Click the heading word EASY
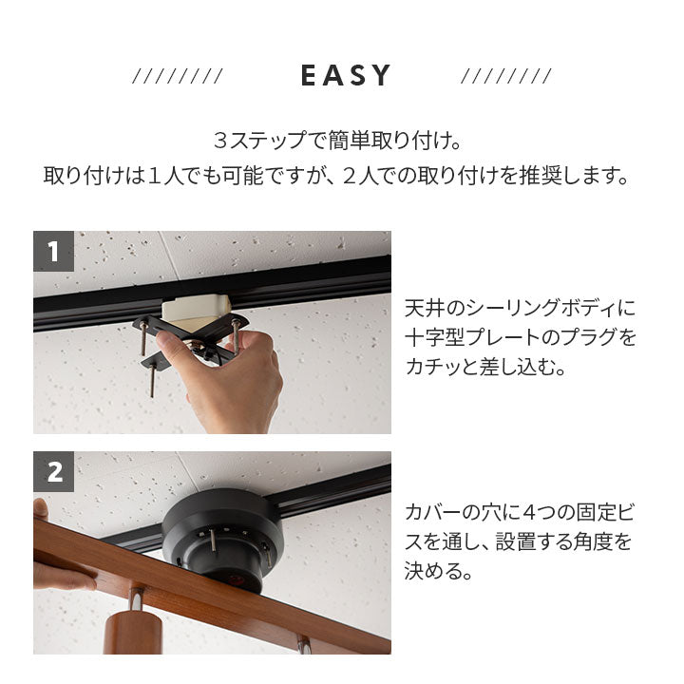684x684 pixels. coord(346,76)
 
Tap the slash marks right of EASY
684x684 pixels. coord(505,77)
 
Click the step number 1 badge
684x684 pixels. coord(53,251)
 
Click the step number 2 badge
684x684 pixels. coord(53,471)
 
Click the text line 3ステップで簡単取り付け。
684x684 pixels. coord(337,142)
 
